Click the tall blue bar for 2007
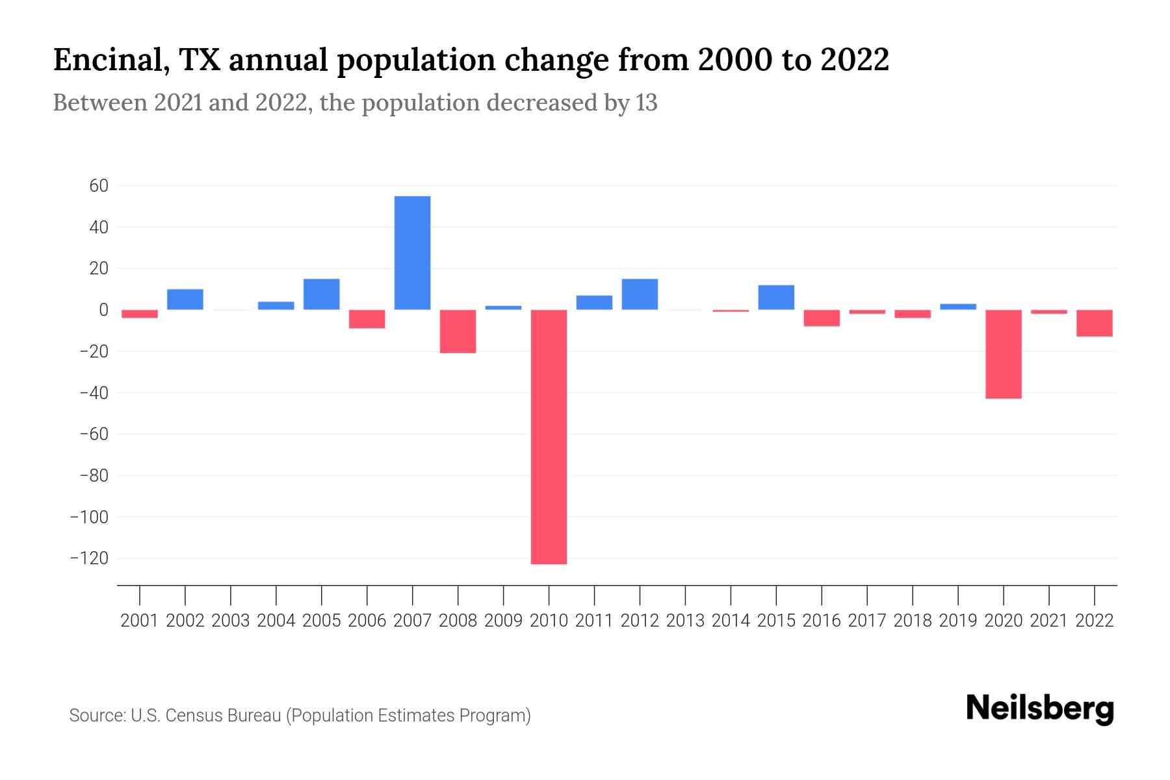(x=412, y=253)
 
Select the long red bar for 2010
(x=549, y=437)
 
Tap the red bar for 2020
(x=1004, y=354)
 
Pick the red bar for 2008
(x=458, y=331)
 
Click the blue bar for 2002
(x=185, y=300)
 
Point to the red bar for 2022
(x=1095, y=323)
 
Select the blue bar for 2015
(x=776, y=298)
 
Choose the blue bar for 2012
(x=640, y=294)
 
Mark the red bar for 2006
(x=367, y=319)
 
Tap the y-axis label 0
(x=103, y=310)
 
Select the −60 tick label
(x=94, y=434)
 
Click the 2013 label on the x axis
(x=685, y=621)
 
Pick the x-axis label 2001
(x=140, y=621)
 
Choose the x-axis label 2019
(x=958, y=621)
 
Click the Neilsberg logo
(x=1040, y=709)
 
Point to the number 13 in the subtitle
(x=647, y=103)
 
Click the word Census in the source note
(x=192, y=716)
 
